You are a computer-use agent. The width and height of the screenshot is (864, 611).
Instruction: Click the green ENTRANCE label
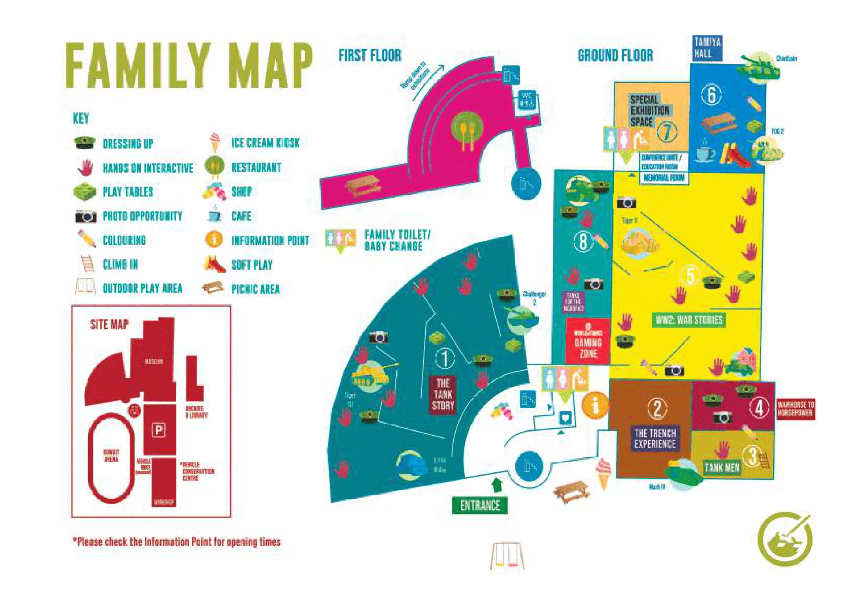480,505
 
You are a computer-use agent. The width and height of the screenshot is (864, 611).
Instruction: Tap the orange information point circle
595,405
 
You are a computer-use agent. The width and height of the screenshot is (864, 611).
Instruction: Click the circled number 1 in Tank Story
445,358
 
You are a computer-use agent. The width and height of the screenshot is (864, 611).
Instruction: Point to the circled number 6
711,95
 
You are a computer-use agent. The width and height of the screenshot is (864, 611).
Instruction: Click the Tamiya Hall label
707,48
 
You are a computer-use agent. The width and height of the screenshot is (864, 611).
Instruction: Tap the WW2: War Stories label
689,320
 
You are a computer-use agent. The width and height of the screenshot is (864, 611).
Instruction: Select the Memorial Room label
664,178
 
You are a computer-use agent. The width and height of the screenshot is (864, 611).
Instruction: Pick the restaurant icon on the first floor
467,130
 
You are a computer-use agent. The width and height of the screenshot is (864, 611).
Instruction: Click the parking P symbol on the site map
159,430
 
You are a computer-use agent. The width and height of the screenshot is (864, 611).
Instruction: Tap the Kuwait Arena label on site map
111,455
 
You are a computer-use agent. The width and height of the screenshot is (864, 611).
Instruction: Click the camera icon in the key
86,216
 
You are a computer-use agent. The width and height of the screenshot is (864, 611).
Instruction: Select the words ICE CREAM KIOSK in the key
265,143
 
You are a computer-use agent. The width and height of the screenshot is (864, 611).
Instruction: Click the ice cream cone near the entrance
604,473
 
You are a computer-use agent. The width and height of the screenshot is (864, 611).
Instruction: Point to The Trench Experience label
655,438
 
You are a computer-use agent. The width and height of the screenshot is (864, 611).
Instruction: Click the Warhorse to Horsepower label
796,409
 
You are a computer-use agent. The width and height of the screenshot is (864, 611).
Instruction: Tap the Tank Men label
722,468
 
